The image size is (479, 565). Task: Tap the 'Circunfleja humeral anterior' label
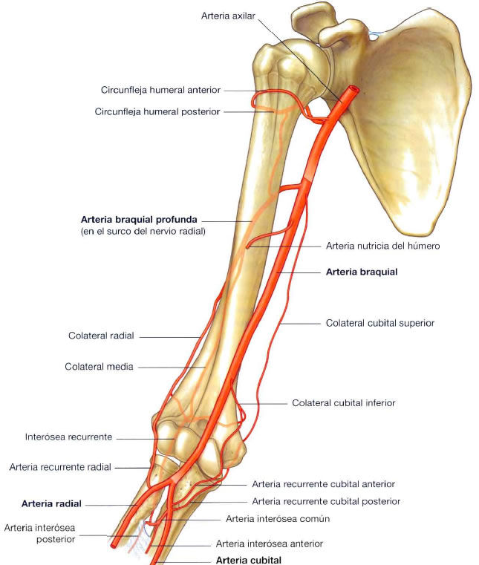pos(160,90)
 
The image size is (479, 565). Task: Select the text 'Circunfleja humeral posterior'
pos(157,112)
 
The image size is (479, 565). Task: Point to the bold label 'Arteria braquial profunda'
pos(140,220)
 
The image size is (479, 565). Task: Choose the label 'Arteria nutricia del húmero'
pos(382,246)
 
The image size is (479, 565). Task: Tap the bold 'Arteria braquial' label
pos(362,272)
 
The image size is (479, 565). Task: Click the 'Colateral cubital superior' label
pos(380,323)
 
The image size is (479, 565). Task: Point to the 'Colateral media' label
pos(99,367)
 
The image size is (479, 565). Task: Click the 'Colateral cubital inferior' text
pos(343,402)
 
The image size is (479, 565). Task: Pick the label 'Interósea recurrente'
pos(68,437)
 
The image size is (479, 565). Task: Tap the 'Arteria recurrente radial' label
pos(60,467)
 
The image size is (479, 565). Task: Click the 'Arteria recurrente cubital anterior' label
pos(323,484)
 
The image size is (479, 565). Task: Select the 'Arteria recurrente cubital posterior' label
pos(326,501)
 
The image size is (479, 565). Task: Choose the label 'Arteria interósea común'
pos(277,518)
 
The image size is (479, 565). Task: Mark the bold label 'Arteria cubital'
pos(248,560)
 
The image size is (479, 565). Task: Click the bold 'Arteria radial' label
pos(51,503)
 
